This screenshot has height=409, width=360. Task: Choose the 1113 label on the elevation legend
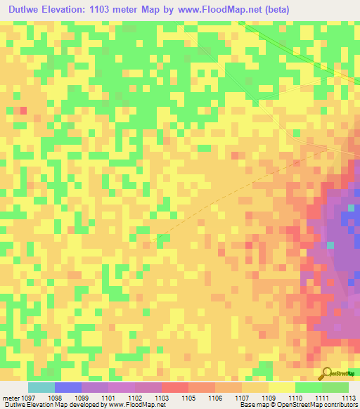tap(349, 398)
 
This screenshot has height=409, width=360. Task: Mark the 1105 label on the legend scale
tap(188, 398)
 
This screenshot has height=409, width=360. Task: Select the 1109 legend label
tap(268, 398)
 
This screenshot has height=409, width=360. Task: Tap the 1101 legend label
tap(108, 398)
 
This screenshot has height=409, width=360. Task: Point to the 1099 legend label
tap(81, 398)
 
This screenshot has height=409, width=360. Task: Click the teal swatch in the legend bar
tap(41, 387)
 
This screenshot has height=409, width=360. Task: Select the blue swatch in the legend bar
tap(67, 387)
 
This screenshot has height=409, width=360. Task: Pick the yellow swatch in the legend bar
tap(281, 387)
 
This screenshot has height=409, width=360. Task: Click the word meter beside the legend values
tap(9, 398)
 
